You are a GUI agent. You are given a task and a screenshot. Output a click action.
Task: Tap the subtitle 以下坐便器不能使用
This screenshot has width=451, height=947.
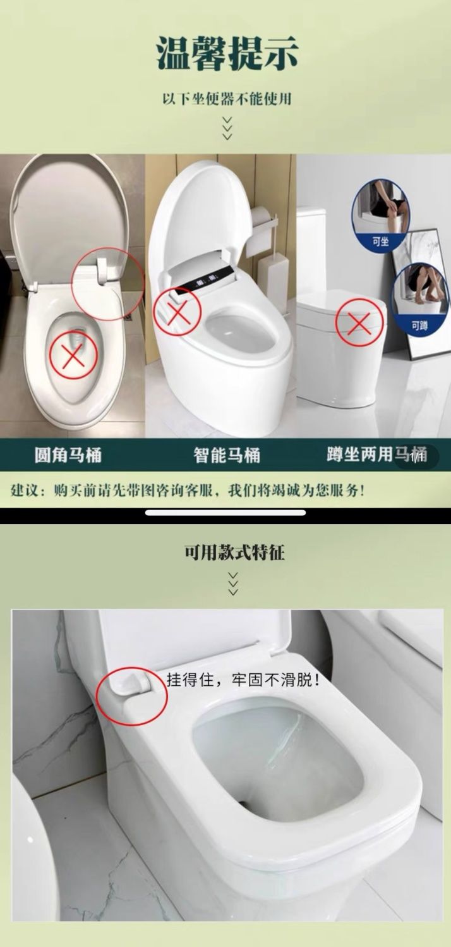click(227, 99)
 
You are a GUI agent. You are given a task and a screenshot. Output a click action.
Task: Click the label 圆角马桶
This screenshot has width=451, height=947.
click(68, 455)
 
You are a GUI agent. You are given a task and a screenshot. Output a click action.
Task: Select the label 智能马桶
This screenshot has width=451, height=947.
click(227, 455)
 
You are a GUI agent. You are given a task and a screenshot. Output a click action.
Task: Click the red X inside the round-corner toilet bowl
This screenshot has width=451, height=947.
click(74, 355)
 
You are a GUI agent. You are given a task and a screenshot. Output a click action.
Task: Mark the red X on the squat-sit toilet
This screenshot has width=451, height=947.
click(359, 323)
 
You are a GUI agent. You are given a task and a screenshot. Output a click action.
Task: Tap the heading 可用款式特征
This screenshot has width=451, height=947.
click(234, 553)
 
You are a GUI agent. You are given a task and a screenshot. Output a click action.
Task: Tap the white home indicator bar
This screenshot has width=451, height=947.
click(225, 513)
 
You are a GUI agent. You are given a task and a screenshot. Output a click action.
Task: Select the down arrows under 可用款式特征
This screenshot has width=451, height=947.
click(233, 584)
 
